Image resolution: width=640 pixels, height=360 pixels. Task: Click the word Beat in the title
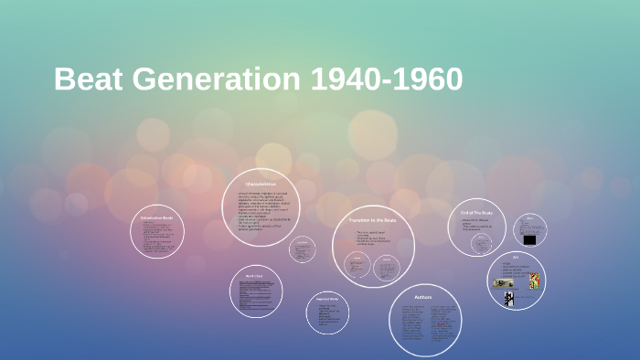88,80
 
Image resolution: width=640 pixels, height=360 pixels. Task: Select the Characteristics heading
260,185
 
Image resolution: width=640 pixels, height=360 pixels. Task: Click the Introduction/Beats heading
156,219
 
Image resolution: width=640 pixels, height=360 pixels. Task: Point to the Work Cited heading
254,275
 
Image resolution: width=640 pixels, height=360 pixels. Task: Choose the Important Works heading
327,299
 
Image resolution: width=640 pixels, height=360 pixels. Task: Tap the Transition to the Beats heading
372,220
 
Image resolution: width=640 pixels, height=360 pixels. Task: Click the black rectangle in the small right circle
529,239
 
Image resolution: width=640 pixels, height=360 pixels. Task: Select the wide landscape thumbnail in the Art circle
504,283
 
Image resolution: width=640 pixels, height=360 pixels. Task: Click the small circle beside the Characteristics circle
302,249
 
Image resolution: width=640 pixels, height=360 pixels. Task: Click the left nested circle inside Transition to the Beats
357,265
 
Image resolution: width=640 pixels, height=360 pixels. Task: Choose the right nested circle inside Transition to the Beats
388,267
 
